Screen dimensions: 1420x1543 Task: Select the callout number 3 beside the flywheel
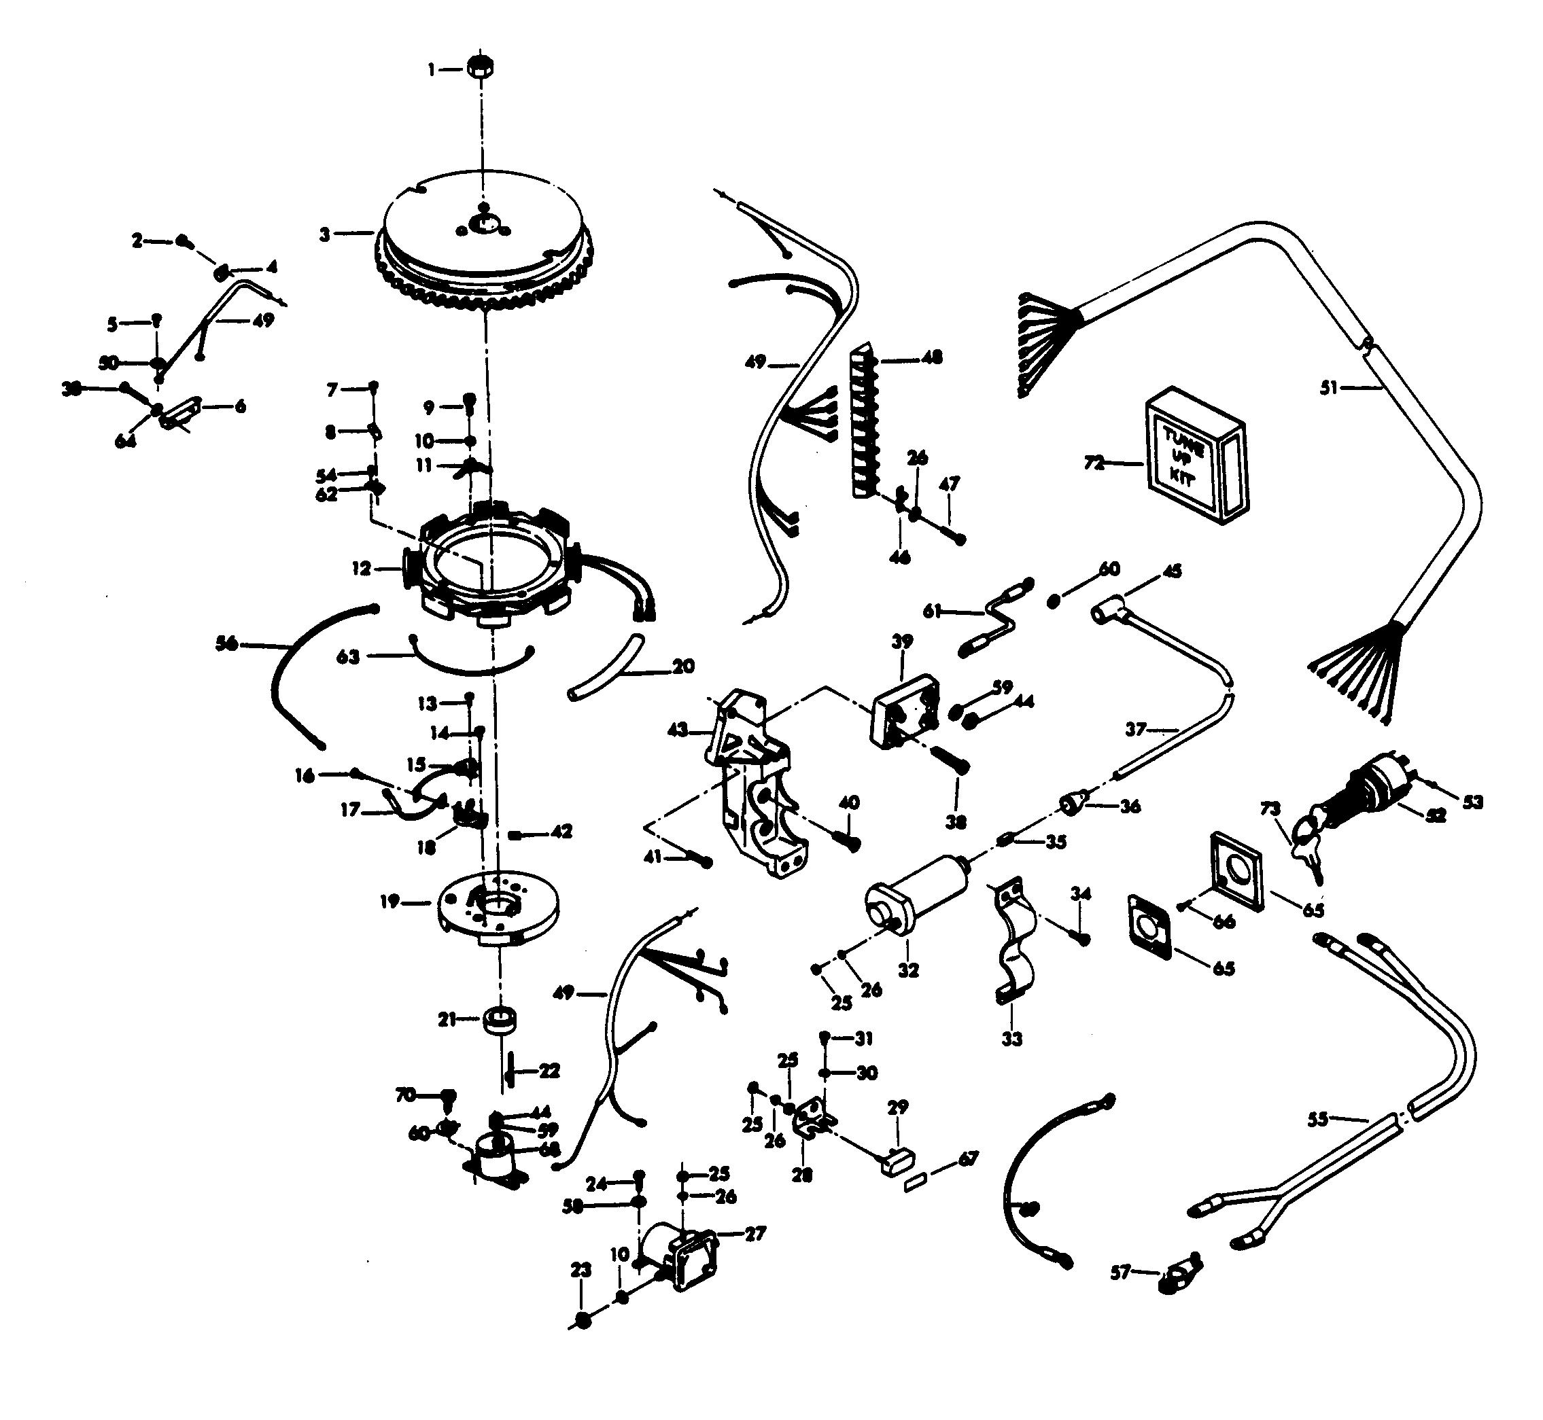325,234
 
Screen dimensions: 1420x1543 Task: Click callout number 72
1093,463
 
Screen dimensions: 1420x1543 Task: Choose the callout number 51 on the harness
1328,388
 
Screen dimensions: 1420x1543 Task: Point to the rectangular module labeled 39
905,709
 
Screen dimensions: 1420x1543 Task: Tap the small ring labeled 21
499,1020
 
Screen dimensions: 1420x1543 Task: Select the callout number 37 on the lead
1137,728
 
